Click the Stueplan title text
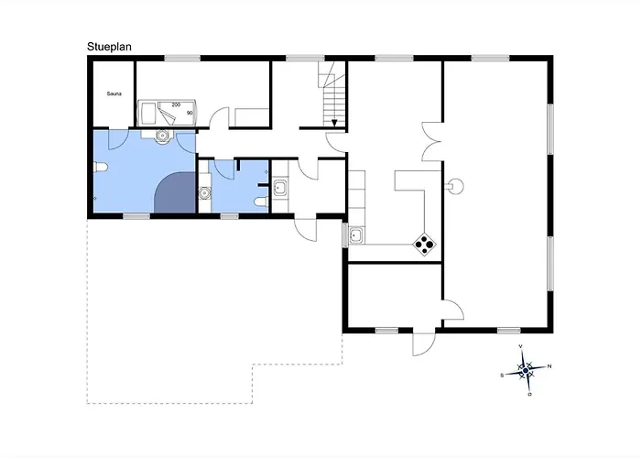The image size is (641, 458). click(109, 47)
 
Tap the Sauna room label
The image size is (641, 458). click(114, 93)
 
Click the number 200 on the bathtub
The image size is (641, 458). click(176, 104)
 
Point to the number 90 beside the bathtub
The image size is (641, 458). click(190, 113)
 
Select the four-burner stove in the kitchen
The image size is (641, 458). click(424, 245)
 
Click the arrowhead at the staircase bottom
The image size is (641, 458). click(334, 123)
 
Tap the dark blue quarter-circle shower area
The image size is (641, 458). click(176, 193)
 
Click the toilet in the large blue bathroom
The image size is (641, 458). click(100, 168)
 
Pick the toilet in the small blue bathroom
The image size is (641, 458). click(261, 202)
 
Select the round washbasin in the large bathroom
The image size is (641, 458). click(163, 136)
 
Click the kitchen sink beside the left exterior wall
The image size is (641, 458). click(355, 235)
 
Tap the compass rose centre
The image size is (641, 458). click(526, 370)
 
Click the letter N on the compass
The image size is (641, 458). click(549, 366)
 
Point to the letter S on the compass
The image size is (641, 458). click(502, 375)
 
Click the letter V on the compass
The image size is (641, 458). click(521, 346)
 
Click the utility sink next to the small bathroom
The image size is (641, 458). click(280, 187)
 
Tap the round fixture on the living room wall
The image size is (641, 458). click(455, 187)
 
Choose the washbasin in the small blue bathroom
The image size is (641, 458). click(204, 192)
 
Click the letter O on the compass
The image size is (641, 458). click(530, 395)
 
